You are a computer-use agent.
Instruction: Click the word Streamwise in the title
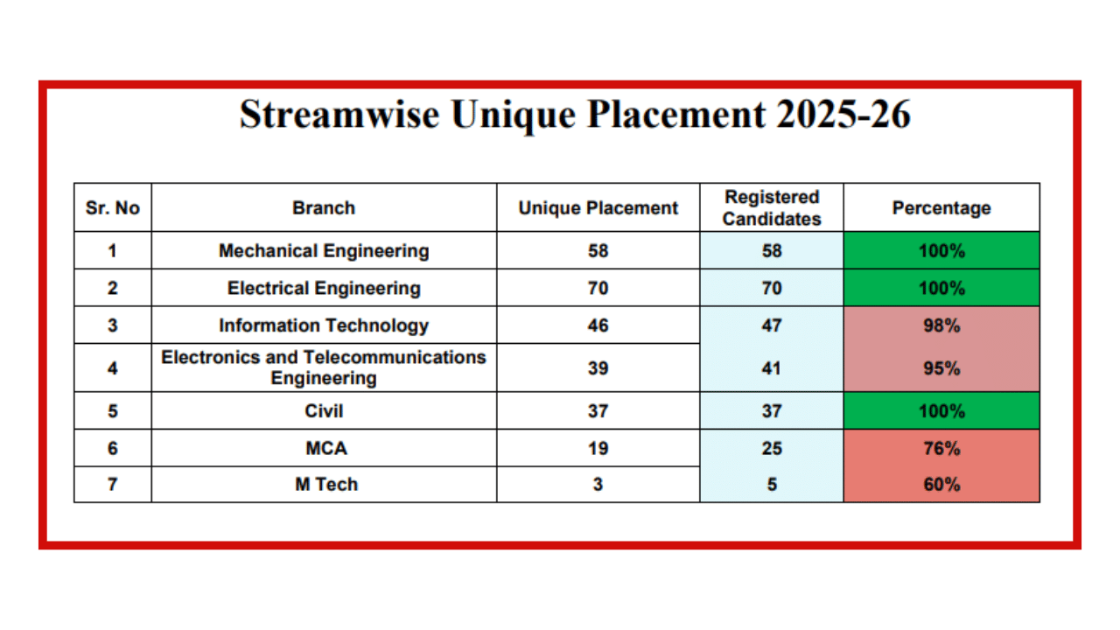pyautogui.click(x=339, y=114)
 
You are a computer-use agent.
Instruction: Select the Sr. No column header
pyautogui.click(x=113, y=208)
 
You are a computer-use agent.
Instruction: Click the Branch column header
pyautogui.click(x=324, y=208)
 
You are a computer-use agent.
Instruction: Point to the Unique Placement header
pyautogui.click(x=598, y=208)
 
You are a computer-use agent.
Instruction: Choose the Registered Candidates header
pyautogui.click(x=772, y=208)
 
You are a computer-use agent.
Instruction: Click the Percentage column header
pyautogui.click(x=941, y=208)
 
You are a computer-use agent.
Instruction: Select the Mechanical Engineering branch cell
pyautogui.click(x=324, y=250)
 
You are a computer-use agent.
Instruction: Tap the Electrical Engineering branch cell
pyautogui.click(x=324, y=288)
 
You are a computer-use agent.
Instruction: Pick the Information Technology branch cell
pyautogui.click(x=324, y=325)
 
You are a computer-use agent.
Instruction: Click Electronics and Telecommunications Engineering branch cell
pyautogui.click(x=324, y=367)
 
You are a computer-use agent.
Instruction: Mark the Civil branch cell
pyautogui.click(x=324, y=411)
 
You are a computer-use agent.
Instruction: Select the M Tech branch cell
pyautogui.click(x=326, y=484)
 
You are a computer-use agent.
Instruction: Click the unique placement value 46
pyautogui.click(x=598, y=325)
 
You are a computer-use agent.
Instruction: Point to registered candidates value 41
pyautogui.click(x=772, y=368)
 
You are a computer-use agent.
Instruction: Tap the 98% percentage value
pyautogui.click(x=941, y=325)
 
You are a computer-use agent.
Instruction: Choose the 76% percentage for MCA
pyautogui.click(x=941, y=449)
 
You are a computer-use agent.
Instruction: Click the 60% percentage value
pyautogui.click(x=941, y=485)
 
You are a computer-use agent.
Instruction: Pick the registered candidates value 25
pyautogui.click(x=772, y=449)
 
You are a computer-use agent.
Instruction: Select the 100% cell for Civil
pyautogui.click(x=941, y=411)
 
